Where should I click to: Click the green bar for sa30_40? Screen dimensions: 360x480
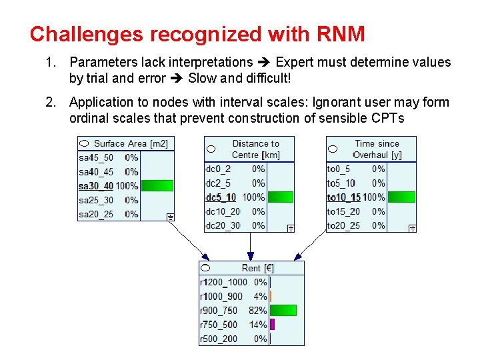(x=157, y=186)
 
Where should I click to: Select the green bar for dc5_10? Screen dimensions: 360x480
(x=280, y=197)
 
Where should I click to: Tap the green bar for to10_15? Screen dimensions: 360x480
(x=401, y=197)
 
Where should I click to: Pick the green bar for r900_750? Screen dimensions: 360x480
(x=283, y=311)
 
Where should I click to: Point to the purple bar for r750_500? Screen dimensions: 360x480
(x=272, y=325)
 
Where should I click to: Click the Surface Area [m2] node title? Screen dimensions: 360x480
(x=131, y=143)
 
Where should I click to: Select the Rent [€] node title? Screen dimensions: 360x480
(x=257, y=268)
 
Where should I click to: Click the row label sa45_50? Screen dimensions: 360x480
(x=96, y=158)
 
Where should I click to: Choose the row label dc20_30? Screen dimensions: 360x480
(x=223, y=226)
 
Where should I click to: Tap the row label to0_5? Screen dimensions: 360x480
(x=339, y=169)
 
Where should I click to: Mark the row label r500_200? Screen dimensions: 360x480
(x=218, y=339)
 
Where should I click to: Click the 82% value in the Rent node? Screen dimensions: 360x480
(x=258, y=311)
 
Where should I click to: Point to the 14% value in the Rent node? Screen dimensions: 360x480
(x=258, y=325)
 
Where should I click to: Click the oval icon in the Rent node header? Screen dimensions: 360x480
(x=206, y=267)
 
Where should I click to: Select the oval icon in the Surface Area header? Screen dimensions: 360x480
(x=84, y=143)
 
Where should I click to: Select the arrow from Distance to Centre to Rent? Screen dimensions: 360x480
(x=250, y=247)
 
